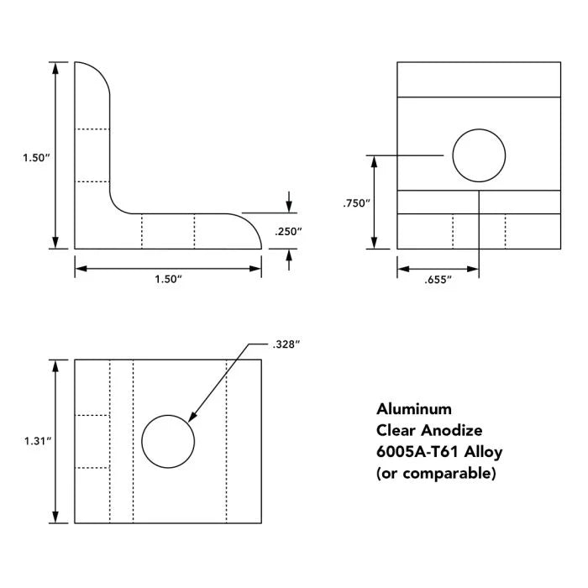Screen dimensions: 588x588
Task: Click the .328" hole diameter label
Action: (286, 344)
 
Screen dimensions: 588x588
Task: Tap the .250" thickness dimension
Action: (288, 231)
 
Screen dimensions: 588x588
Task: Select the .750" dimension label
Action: (356, 203)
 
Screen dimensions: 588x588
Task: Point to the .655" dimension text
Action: (438, 280)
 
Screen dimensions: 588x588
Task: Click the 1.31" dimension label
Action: (38, 441)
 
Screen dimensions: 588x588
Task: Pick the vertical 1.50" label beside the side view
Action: (36, 158)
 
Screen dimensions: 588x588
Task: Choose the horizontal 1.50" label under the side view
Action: (168, 279)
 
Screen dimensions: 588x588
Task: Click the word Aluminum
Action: (414, 409)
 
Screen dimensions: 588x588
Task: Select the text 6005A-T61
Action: (417, 452)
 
